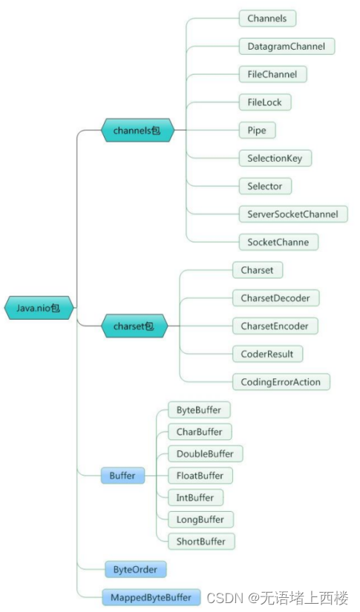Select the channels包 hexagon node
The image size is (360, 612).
137,131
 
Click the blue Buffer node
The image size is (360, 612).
122,476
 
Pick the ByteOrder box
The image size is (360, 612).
134,570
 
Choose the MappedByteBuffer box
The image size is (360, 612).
151,596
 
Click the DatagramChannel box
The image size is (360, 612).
287,46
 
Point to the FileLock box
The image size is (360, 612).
264,102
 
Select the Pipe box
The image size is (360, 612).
257,130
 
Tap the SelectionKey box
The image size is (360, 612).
275,158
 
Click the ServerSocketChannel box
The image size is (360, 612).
292,214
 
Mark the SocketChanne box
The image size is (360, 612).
278,242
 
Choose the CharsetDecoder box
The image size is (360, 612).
275,298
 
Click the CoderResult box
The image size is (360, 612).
266,354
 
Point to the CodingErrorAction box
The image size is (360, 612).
281,382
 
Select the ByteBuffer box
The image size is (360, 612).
198,410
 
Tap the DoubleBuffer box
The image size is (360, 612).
205,453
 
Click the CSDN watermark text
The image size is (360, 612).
278,597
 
